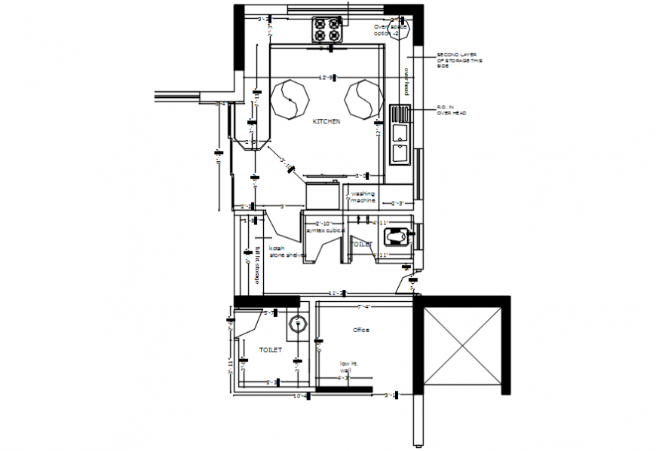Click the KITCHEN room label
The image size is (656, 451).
[x=327, y=120]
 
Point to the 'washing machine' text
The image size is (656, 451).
[x=363, y=197]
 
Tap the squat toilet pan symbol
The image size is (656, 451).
[x=397, y=237]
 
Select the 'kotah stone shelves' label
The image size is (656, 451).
[x=287, y=251]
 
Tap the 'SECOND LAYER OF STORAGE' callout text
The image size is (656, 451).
[x=461, y=60]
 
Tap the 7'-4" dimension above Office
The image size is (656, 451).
[x=363, y=306]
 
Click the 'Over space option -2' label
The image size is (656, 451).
[x=391, y=30]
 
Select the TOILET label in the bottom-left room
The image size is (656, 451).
[x=270, y=350]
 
